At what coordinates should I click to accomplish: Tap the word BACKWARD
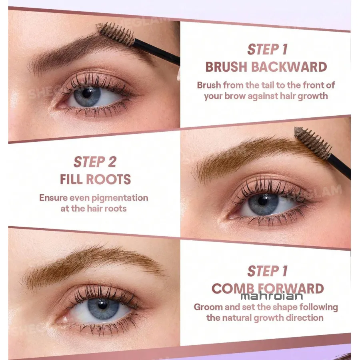coord(289,67)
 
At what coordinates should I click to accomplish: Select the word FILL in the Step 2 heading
coord(71,179)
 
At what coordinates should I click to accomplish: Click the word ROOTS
coord(108,179)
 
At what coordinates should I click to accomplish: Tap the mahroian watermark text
coord(272,296)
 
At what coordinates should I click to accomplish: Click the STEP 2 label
coord(95,162)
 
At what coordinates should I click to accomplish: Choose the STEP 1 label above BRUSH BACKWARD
coord(268,49)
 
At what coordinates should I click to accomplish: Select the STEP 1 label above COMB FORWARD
coord(268,271)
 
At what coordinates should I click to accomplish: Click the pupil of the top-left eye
coord(87,93)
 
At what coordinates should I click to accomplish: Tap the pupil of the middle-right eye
coord(263,201)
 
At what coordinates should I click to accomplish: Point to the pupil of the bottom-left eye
coord(102,305)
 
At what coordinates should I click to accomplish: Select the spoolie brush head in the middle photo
coord(313,143)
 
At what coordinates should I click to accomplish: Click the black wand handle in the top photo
coord(157,52)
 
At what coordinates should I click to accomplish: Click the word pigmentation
coord(120,198)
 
